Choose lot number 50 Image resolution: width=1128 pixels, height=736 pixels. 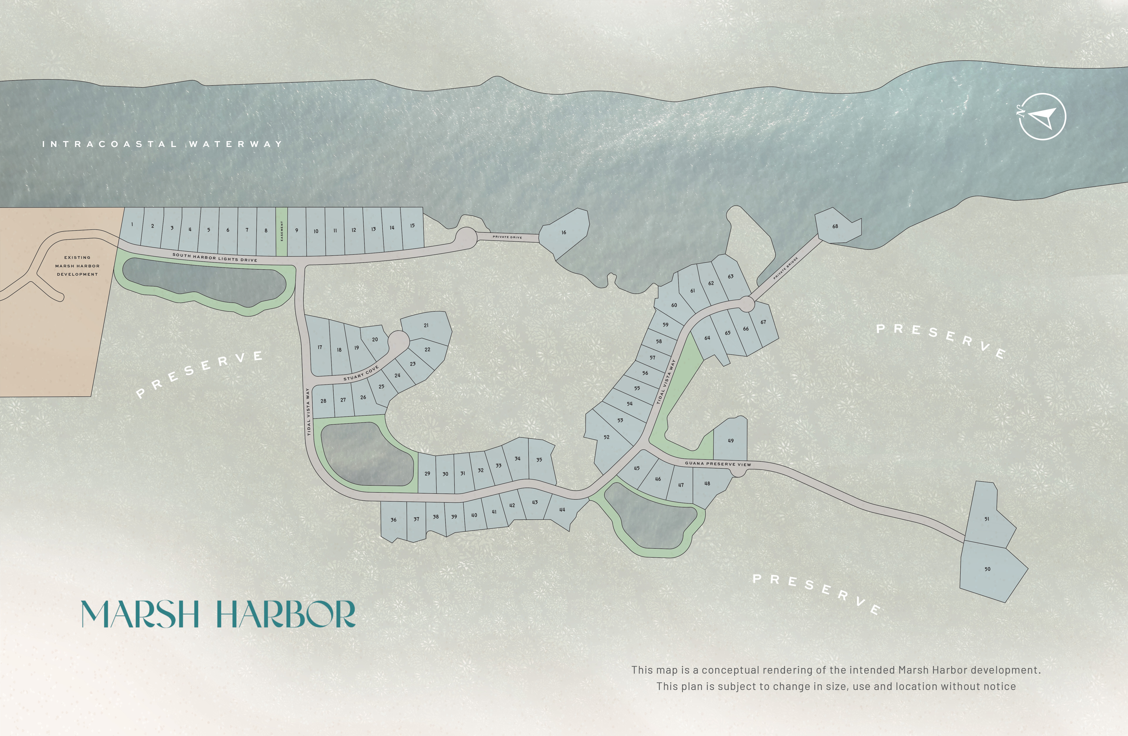tap(987, 569)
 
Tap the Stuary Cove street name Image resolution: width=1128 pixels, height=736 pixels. tap(361, 373)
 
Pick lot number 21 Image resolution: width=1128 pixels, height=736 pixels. tap(426, 325)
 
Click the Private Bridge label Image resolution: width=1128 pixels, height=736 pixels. tap(786, 268)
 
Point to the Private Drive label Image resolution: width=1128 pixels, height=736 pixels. tap(507, 237)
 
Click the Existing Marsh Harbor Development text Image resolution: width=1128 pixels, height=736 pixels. tap(77, 266)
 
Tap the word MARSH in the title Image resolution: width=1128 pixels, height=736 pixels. tap(140, 615)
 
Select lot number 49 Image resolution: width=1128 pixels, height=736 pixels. tap(730, 441)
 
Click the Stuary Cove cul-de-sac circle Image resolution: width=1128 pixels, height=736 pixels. tap(399, 340)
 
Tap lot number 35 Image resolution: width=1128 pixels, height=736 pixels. tap(539, 459)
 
